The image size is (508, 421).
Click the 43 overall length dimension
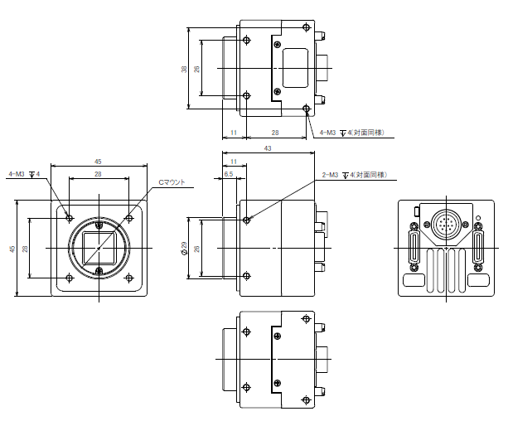pyautogui.click(x=268, y=148)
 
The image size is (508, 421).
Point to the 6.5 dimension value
pyautogui.click(x=229, y=174)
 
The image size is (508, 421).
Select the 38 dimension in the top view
pyautogui.click(x=184, y=69)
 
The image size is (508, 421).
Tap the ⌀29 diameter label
pyautogui.click(x=184, y=248)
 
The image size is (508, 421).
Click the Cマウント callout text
pyautogui.click(x=172, y=182)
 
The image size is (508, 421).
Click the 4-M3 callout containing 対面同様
pyautogui.click(x=352, y=133)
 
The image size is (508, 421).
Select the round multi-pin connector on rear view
pyautogui.click(x=446, y=224)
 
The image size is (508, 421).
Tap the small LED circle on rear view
pyautogui.click(x=479, y=218)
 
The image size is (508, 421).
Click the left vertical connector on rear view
pyautogui.click(x=414, y=247)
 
